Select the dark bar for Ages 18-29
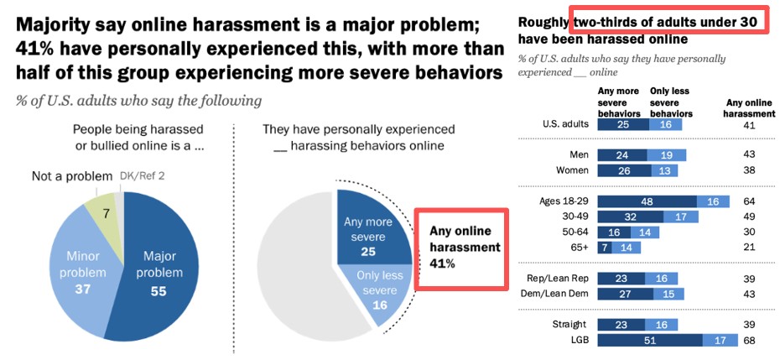(647, 201)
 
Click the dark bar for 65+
(602, 248)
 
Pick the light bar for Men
(666, 154)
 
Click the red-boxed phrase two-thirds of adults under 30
(668, 18)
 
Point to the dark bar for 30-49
(629, 217)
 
